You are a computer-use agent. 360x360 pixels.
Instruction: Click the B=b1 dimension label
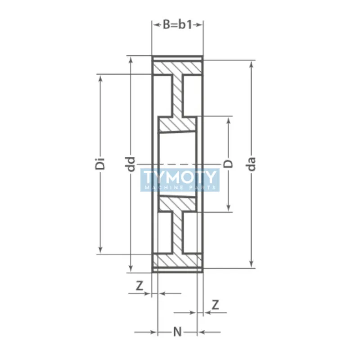click(x=177, y=25)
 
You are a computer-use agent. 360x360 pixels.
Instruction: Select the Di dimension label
click(x=102, y=164)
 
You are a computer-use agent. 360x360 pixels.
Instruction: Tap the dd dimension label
click(x=131, y=164)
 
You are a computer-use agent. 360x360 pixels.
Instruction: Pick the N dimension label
click(x=177, y=333)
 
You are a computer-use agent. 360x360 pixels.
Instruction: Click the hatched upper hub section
click(x=177, y=124)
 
